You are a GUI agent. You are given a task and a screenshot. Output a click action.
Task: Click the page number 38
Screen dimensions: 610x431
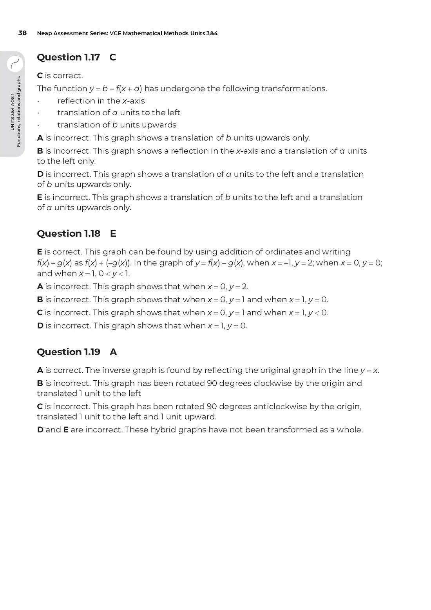pos(22,33)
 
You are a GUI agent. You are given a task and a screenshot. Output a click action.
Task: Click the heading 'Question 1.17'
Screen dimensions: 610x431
pos(68,57)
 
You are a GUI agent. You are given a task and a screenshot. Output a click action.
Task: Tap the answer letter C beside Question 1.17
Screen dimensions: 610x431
pos(112,57)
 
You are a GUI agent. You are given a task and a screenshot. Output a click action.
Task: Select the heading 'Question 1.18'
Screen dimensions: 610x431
pos(69,234)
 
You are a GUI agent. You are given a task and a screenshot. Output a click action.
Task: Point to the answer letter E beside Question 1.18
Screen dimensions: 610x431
pos(113,234)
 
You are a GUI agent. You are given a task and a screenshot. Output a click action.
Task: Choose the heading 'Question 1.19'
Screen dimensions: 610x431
pos(69,352)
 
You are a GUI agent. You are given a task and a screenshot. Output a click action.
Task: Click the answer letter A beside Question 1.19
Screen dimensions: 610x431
pos(113,352)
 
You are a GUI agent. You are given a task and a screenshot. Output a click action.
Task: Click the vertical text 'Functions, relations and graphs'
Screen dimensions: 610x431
pos(18,112)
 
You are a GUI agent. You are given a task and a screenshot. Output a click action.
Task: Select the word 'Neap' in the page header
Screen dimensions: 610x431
pos(44,33)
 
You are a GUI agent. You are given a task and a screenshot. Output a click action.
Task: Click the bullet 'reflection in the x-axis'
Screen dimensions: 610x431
pos(101,101)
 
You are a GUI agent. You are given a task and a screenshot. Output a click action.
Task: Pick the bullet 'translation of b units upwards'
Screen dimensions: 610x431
pos(117,125)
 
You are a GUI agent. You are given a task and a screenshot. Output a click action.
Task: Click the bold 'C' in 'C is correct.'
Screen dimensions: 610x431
pos(40,75)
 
